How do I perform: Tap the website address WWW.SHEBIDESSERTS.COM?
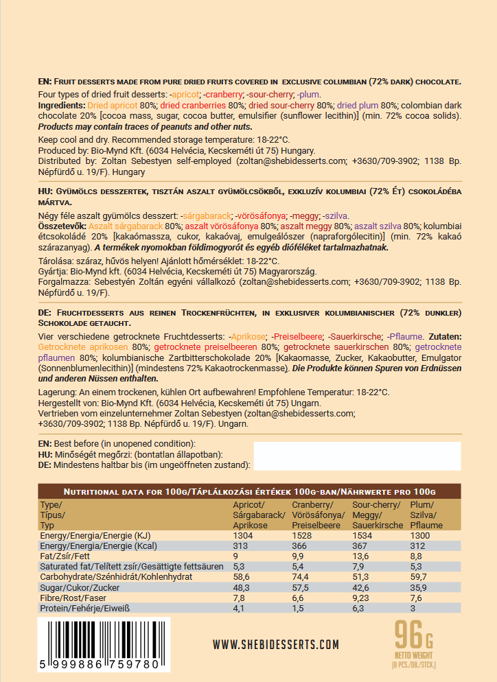[x=276, y=644]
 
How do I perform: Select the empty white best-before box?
[x=357, y=456]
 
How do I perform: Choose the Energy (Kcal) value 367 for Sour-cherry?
[x=361, y=545]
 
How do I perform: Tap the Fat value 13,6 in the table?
[x=362, y=556]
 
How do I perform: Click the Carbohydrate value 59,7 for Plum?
[x=419, y=577]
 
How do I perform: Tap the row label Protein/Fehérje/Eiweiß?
[x=85, y=608]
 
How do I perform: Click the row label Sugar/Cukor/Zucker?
[x=80, y=587]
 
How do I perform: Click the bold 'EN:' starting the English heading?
[x=45, y=82]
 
